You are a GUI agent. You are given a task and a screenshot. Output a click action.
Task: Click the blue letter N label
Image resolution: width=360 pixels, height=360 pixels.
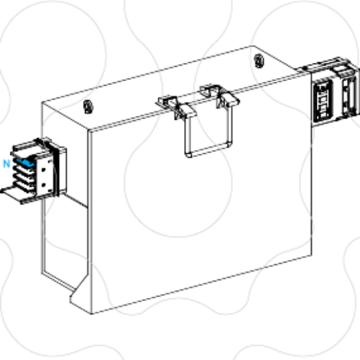tap(7, 164)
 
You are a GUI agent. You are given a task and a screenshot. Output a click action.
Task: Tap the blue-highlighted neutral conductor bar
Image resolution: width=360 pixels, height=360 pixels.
tap(26, 162)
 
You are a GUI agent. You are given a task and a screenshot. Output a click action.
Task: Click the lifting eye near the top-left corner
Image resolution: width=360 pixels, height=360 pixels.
tap(88, 107)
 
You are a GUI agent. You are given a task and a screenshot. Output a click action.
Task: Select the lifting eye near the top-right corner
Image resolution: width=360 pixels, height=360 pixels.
tap(259, 61)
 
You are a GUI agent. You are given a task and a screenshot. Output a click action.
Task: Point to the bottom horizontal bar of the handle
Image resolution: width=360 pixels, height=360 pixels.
tap(207, 150)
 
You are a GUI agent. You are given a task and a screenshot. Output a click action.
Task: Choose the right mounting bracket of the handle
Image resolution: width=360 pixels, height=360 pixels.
tap(219, 96)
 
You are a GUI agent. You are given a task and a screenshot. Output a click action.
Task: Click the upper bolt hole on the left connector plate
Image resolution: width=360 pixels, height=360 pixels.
tap(44, 170)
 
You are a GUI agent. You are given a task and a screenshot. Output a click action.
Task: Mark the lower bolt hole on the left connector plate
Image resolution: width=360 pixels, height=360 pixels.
tap(44, 185)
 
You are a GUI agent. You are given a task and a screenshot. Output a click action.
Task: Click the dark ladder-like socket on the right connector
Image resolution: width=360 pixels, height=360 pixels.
tap(323, 101)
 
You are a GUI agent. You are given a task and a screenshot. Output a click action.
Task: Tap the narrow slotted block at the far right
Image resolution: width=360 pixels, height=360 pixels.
tap(349, 96)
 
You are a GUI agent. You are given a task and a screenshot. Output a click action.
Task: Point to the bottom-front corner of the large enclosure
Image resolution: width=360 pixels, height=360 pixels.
tap(92, 314)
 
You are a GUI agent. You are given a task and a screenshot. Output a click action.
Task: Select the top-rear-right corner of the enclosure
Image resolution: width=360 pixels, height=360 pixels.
tap(253, 46)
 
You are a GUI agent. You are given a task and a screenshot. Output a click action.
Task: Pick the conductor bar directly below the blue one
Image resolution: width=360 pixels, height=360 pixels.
tap(25, 170)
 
